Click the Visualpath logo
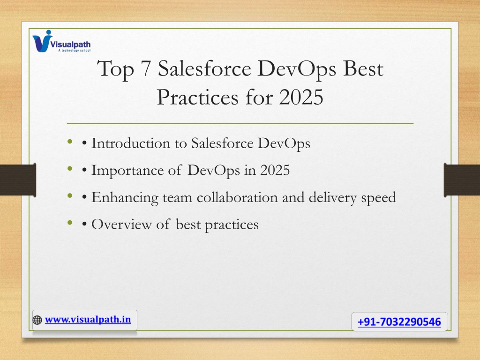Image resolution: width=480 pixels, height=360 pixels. coord(61,41)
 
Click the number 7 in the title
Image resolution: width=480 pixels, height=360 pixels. coord(146,68)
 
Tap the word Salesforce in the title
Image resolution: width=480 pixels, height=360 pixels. coord(204,68)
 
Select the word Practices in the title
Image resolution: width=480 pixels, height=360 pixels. coord(197,97)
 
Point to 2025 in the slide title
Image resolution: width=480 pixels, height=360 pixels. coord(301,97)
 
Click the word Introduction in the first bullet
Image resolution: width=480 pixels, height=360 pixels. coord(130,143)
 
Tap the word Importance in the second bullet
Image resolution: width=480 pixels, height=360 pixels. coord(127,171)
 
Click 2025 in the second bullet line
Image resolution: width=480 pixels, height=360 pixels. coord(275,170)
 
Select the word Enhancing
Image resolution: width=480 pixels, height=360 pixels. coord(125,198)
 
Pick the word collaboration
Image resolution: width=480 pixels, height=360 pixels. coord(237,197)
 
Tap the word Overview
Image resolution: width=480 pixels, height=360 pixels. coord(121,225)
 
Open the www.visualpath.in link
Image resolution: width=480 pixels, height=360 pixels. coord(88,320)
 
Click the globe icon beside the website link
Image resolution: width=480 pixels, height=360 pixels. coord(37,320)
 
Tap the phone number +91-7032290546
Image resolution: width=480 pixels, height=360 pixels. coord(399,322)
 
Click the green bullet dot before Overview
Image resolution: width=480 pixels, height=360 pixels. coord(70,223)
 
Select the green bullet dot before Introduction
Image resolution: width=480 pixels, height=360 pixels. coord(70,142)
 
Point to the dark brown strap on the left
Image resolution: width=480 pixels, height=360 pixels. coord(18,180)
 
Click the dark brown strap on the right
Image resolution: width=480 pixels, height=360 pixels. coord(462,180)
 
